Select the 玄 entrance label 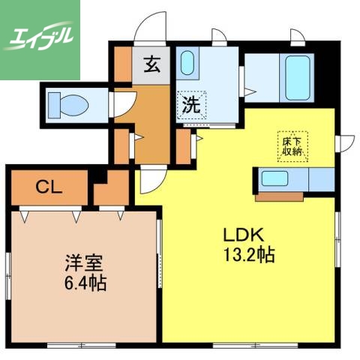coord(151,64)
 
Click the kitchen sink coord(274,180)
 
